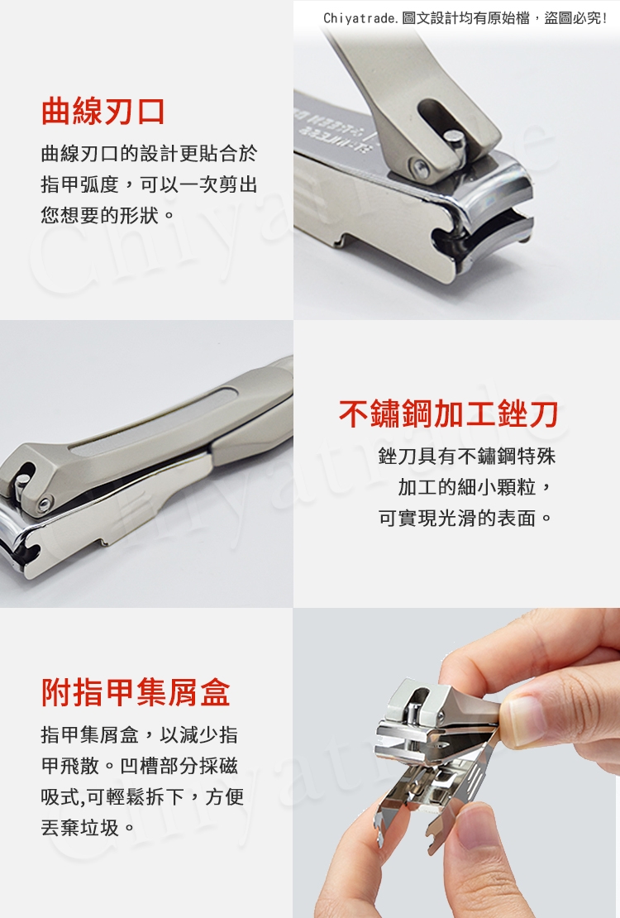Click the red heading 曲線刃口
pyautogui.click(x=103, y=112)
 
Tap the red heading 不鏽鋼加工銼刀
pyautogui.click(x=448, y=414)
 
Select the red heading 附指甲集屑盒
pyautogui.click(x=136, y=692)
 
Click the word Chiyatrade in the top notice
pyautogui.click(x=360, y=18)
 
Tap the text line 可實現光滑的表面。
pyautogui.click(x=466, y=518)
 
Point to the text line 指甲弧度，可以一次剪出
pyautogui.click(x=150, y=184)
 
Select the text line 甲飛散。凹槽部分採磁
pyautogui.click(x=140, y=765)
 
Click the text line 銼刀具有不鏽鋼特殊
pyautogui.click(x=467, y=456)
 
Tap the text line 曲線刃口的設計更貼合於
pyautogui.click(x=150, y=153)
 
